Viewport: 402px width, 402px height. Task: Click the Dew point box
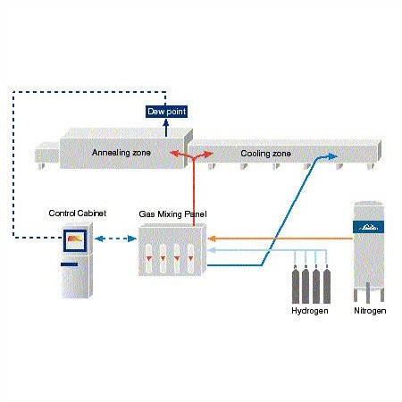click(x=166, y=112)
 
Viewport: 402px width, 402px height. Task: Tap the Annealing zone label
click(x=121, y=153)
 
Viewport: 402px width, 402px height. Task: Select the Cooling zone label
click(x=265, y=154)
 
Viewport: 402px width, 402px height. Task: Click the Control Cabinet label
click(x=78, y=214)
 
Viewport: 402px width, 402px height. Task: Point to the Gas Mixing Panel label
click(x=172, y=214)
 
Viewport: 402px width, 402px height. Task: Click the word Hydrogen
click(x=310, y=311)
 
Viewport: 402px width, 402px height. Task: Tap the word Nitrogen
click(x=370, y=311)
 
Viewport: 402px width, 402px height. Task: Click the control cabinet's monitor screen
click(x=75, y=240)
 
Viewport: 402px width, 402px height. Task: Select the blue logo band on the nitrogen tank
click(x=368, y=227)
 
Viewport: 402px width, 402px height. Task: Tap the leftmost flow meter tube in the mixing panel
click(x=149, y=258)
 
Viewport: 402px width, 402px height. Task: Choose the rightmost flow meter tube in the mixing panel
click(x=190, y=258)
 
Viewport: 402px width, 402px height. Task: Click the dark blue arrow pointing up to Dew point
click(x=166, y=128)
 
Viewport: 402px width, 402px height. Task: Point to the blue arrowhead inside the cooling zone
click(x=332, y=156)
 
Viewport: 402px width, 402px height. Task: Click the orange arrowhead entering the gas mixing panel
click(x=212, y=239)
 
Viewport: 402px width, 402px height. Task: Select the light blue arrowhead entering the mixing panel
click(x=212, y=250)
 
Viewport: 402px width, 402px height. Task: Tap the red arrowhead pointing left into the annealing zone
click(x=175, y=154)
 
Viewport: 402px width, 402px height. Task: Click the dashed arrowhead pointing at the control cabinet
click(x=99, y=239)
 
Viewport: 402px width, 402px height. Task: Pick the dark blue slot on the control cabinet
click(x=70, y=264)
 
